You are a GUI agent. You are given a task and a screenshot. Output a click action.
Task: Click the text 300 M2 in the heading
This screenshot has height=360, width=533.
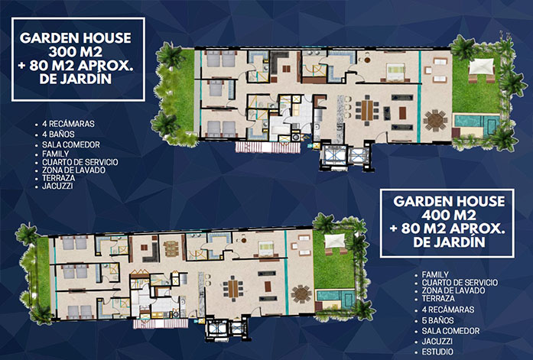click(x=75, y=52)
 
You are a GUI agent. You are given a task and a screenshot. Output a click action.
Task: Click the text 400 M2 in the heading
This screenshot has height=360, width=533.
click(x=449, y=216)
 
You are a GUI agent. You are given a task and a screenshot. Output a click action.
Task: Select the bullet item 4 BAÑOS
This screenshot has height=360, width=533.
click(x=58, y=135)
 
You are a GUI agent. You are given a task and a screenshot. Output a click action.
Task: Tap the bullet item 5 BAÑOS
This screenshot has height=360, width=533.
click(x=437, y=320)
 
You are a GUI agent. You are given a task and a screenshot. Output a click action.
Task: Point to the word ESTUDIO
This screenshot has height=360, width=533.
click(x=437, y=352)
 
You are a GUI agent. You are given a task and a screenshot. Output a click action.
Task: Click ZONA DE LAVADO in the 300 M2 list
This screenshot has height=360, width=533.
click(x=73, y=170)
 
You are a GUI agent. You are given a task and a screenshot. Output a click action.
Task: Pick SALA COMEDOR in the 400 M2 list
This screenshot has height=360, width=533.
click(x=450, y=331)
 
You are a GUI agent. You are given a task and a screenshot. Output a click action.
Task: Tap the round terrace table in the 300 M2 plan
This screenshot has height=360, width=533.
click(x=435, y=120)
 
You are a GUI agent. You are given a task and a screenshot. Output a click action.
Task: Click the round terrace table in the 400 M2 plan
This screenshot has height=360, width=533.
click(x=301, y=294)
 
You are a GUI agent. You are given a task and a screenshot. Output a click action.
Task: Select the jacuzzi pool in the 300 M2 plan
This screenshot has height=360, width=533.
click(x=477, y=122)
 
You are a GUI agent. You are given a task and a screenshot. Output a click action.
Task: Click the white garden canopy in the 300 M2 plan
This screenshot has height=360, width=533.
click(x=481, y=66)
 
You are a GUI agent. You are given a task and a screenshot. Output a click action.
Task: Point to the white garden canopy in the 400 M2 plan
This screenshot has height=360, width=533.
click(x=335, y=241)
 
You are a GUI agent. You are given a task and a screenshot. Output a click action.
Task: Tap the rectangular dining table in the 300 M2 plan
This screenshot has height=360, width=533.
click(x=367, y=109)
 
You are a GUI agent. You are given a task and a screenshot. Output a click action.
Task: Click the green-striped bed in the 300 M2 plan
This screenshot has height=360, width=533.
click(x=396, y=72)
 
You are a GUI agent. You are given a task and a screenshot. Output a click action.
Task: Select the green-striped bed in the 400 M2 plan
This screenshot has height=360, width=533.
click(x=266, y=248)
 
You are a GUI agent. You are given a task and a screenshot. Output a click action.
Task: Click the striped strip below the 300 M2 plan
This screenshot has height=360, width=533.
click(x=268, y=148)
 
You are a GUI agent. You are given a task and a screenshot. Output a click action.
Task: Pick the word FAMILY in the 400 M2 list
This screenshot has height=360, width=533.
click(x=435, y=274)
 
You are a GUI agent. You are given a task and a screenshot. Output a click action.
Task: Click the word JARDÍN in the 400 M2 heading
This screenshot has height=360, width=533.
click(x=466, y=242)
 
